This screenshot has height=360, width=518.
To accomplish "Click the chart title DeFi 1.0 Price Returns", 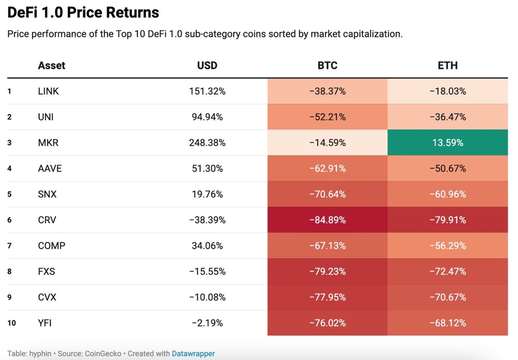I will tap(83, 12).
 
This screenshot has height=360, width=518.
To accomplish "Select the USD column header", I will tap(207, 66).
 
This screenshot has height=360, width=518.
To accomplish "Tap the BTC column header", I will tap(327, 66).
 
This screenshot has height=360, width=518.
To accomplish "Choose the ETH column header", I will tap(448, 66).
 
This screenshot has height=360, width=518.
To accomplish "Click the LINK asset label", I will tap(49, 91).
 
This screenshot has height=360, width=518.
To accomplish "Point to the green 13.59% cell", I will tap(448, 142).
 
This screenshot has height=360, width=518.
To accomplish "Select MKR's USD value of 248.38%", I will tap(207, 142).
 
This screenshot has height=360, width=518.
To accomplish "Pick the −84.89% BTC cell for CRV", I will tap(327, 220).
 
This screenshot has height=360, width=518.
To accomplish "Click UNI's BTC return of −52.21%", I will tap(327, 117).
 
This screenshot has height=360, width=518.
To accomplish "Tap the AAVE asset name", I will tap(50, 168).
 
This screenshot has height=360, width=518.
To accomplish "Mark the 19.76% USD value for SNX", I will tap(207, 194).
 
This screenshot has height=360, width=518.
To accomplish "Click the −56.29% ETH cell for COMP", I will tap(448, 246).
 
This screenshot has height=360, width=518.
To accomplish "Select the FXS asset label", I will tap(47, 271).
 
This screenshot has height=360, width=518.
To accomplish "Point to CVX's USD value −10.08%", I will tap(207, 297).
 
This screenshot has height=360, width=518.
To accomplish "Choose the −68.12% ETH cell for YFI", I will tap(448, 323).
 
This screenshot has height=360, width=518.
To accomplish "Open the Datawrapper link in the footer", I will tap(193, 354).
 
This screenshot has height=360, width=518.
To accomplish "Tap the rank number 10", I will tap(11, 323).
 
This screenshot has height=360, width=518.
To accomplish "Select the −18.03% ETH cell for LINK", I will tap(448, 91).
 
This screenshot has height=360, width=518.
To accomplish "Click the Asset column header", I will tap(52, 66).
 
